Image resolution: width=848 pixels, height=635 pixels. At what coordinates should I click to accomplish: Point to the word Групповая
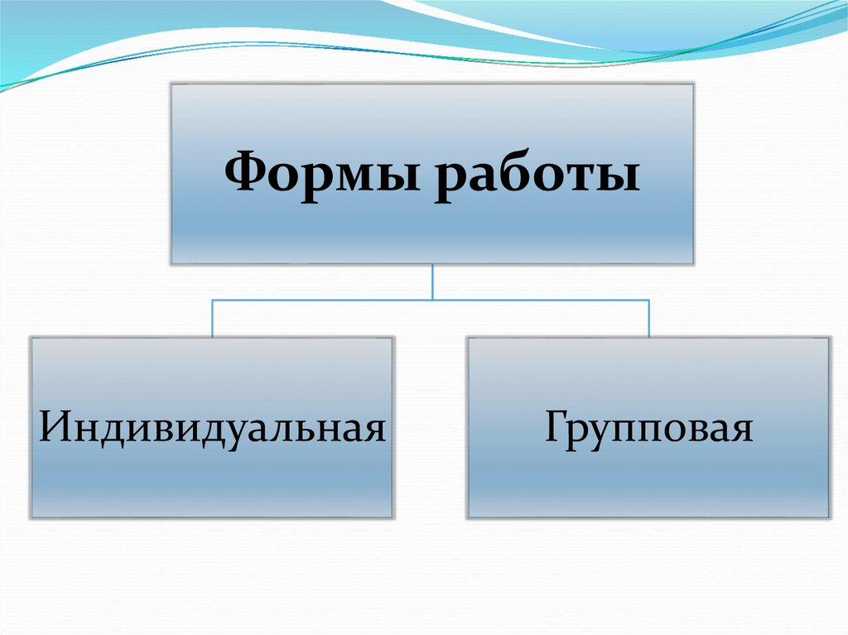[648, 430]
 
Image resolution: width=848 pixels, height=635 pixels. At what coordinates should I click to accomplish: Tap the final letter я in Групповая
[742, 432]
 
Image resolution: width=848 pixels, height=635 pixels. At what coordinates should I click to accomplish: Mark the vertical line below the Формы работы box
[432, 281]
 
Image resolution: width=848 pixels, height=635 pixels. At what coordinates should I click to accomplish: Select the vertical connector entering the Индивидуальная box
[213, 318]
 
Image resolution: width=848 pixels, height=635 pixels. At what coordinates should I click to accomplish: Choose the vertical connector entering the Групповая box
[648, 318]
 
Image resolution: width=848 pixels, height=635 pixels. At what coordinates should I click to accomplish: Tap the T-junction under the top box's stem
[432, 300]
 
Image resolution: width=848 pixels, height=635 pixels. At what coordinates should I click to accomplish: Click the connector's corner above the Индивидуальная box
[213, 300]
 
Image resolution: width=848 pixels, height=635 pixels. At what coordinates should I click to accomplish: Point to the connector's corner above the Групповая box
[648, 300]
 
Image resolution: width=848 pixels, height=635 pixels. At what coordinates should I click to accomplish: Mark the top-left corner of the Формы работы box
[171, 84]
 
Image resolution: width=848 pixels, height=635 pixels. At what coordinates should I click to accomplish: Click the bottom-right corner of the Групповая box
[829, 517]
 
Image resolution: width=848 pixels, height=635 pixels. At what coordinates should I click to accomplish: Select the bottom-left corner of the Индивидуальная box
[31, 517]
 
